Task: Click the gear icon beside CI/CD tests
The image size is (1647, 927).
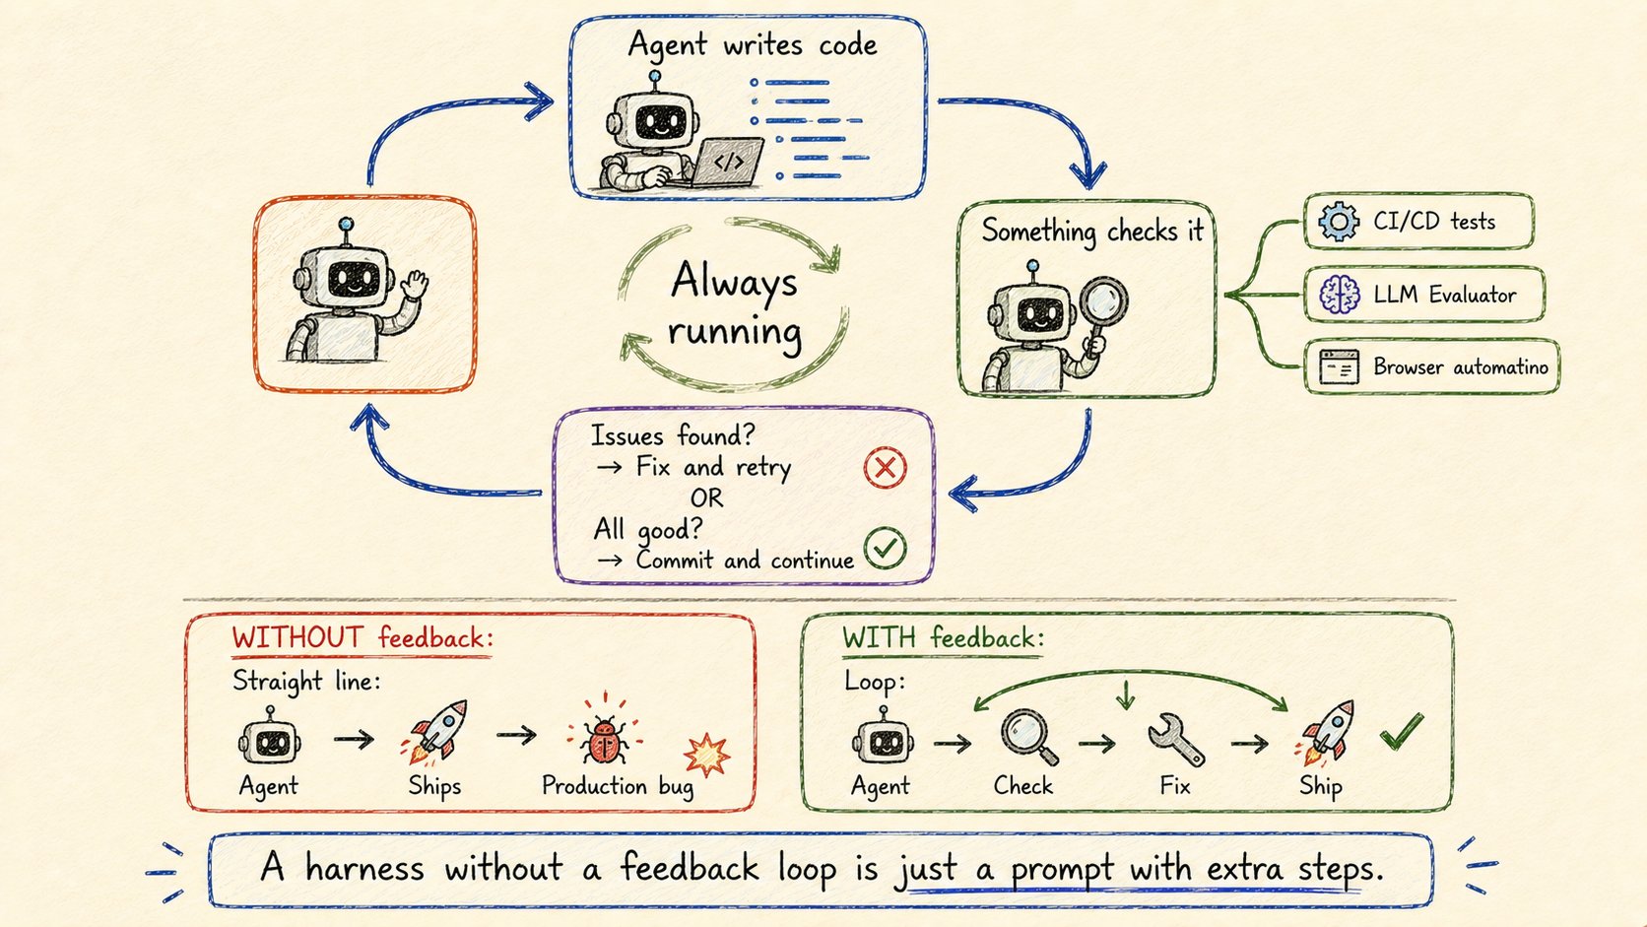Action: point(1338,222)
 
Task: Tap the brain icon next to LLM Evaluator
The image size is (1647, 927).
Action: point(1339,295)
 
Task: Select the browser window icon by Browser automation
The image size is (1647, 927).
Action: point(1339,366)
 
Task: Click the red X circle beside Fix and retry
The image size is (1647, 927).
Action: point(886,468)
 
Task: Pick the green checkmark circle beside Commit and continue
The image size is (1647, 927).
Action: point(886,548)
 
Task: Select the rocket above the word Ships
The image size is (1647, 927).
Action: point(437,730)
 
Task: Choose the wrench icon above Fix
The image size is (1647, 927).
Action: point(1176,739)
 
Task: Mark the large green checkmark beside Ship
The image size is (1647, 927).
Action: point(1402,731)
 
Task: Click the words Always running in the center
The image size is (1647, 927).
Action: point(735,307)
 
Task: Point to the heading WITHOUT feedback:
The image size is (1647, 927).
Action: point(362,637)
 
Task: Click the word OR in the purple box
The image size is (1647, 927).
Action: point(706,498)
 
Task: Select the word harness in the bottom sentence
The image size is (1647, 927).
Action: point(364,868)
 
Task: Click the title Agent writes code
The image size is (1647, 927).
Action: point(753,45)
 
